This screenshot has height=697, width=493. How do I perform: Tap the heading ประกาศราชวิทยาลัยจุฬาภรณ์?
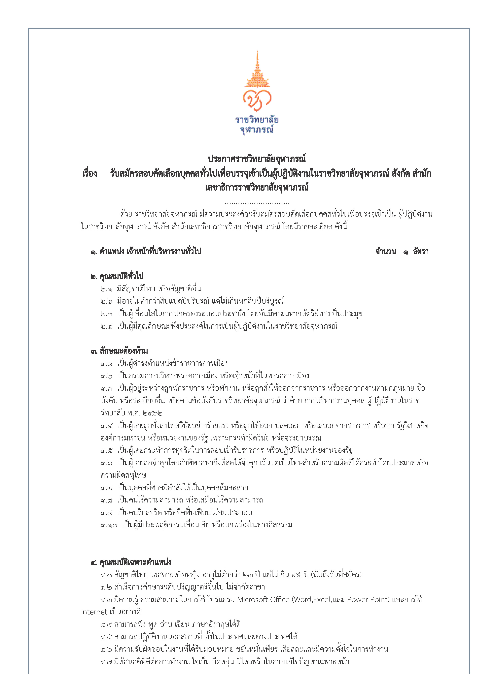(x=257, y=159)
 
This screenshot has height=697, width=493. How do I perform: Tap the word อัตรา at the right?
(x=420, y=252)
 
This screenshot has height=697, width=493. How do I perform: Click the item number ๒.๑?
(x=106, y=289)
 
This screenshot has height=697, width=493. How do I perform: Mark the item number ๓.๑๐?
(x=109, y=525)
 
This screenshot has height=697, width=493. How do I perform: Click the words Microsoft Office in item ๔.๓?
(x=263, y=600)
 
